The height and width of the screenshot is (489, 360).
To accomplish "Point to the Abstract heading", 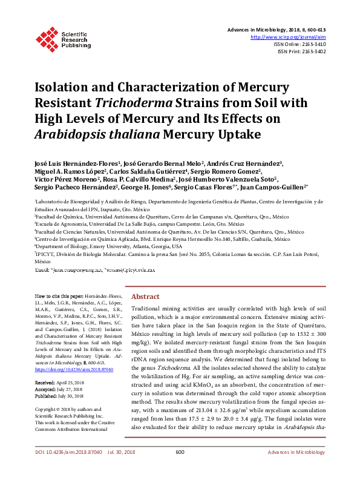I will (x=145, y=297).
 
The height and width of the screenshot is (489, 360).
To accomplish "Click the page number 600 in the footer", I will (x=180, y=469).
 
